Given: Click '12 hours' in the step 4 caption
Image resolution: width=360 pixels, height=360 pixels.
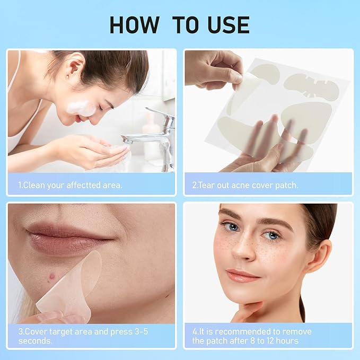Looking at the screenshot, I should [x=278, y=341].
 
